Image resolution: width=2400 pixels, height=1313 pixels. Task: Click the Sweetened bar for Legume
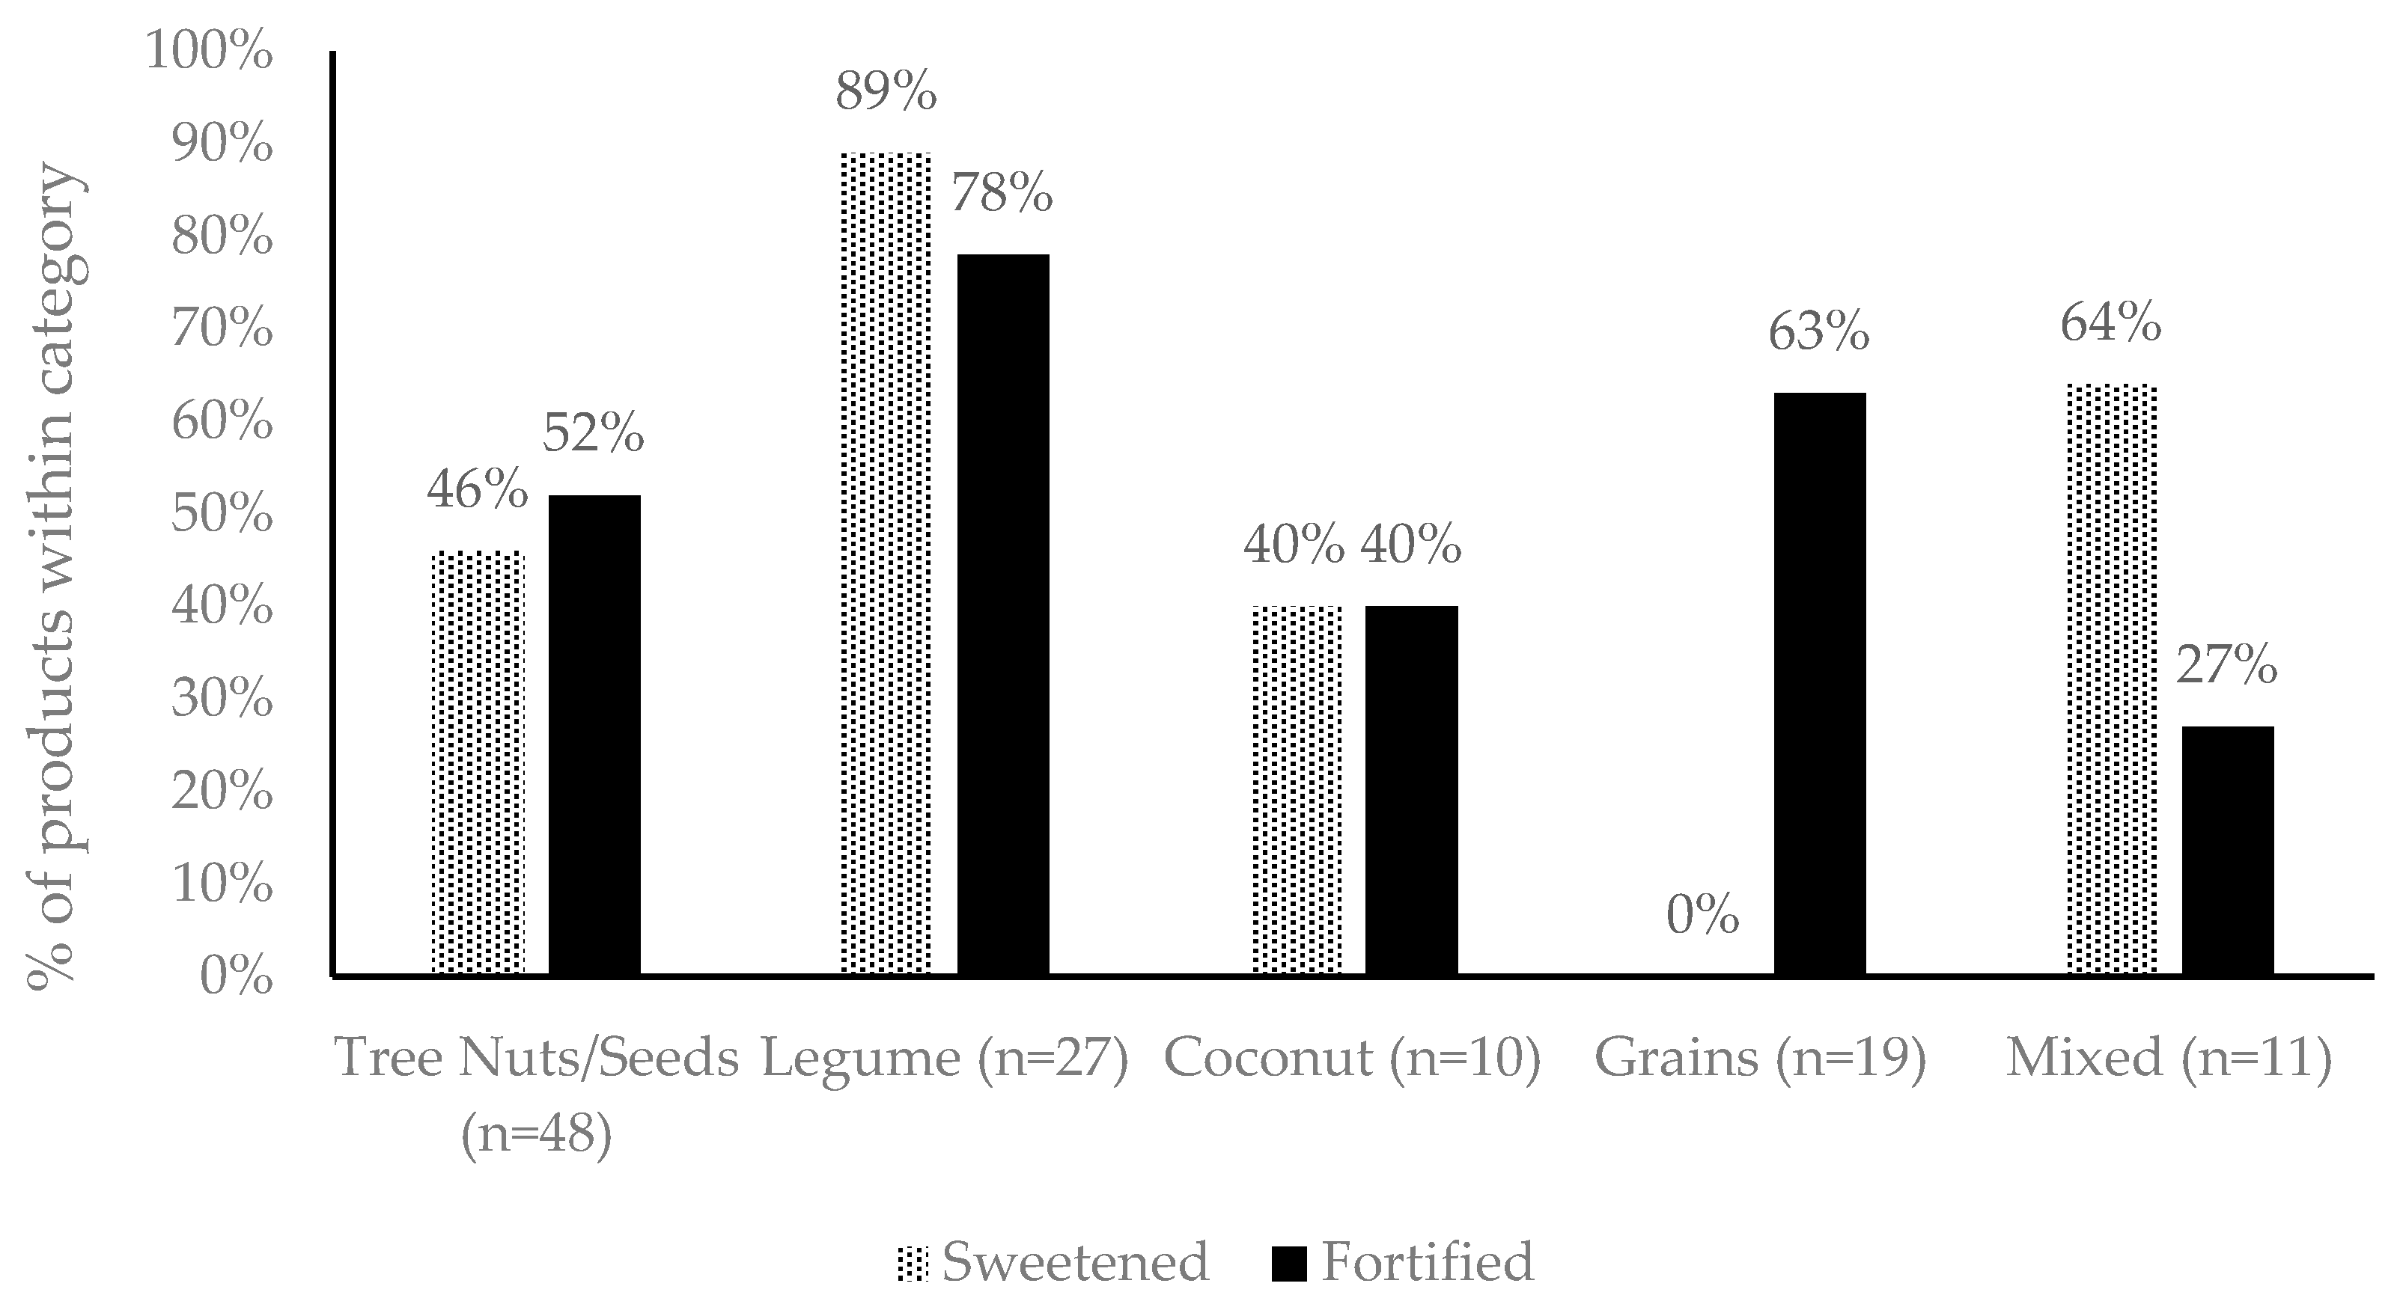[x=886, y=563]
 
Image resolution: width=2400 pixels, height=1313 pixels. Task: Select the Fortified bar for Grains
[x=1820, y=684]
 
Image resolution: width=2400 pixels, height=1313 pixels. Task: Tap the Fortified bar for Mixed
[x=2228, y=850]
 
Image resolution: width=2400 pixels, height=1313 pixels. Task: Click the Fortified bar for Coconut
[x=1412, y=789]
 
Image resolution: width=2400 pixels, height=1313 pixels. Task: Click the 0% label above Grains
[x=1702, y=916]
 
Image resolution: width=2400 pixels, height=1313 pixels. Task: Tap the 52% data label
[x=594, y=433]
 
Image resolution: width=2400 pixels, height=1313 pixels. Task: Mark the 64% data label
[x=2111, y=325]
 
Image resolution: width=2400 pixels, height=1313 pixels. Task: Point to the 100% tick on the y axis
[x=209, y=51]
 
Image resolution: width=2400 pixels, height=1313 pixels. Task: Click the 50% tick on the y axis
[x=222, y=515]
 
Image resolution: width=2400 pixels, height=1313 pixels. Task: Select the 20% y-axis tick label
[x=222, y=792]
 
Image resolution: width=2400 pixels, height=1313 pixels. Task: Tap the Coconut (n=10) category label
[x=1353, y=1058]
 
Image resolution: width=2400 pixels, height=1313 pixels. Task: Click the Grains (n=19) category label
[x=1760, y=1058]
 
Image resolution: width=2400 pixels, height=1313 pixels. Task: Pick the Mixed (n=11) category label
[x=2169, y=1058]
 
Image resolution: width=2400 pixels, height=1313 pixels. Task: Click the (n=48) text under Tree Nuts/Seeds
[x=537, y=1135]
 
